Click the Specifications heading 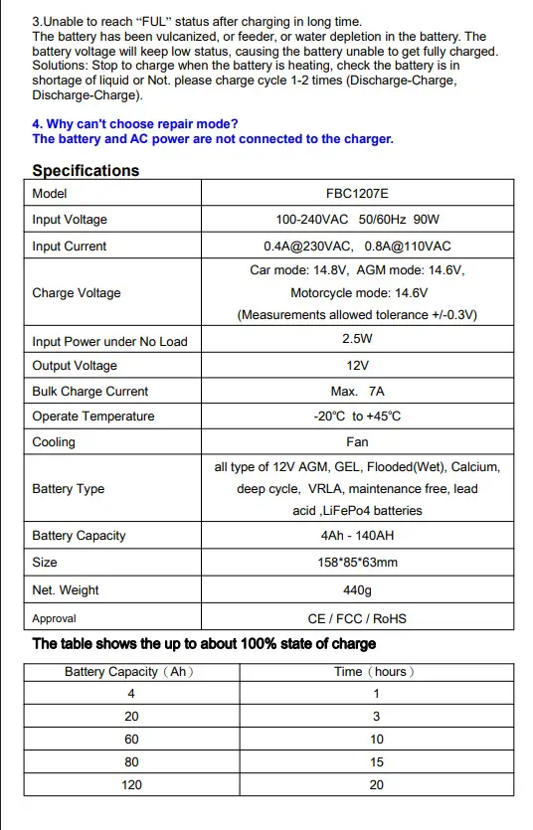pos(86,170)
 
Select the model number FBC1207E pos(357,194)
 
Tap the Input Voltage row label pos(70,220)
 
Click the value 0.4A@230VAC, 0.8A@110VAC pos(357,247)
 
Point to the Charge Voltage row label pos(77,293)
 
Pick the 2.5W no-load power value pos(357,339)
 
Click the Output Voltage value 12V pos(357,366)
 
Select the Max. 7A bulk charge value pos(357,392)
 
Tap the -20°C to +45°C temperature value pos(357,416)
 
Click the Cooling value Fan pos(357,442)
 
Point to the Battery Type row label pos(68,489)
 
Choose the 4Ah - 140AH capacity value pos(357,536)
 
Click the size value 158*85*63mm pos(357,563)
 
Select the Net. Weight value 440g pos(357,590)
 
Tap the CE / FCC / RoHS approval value pos(357,618)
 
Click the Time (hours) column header pos(374,672)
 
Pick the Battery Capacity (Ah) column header pos(129,672)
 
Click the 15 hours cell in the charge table pos(376,762)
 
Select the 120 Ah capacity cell pos(131,785)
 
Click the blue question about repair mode pos(134,123)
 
